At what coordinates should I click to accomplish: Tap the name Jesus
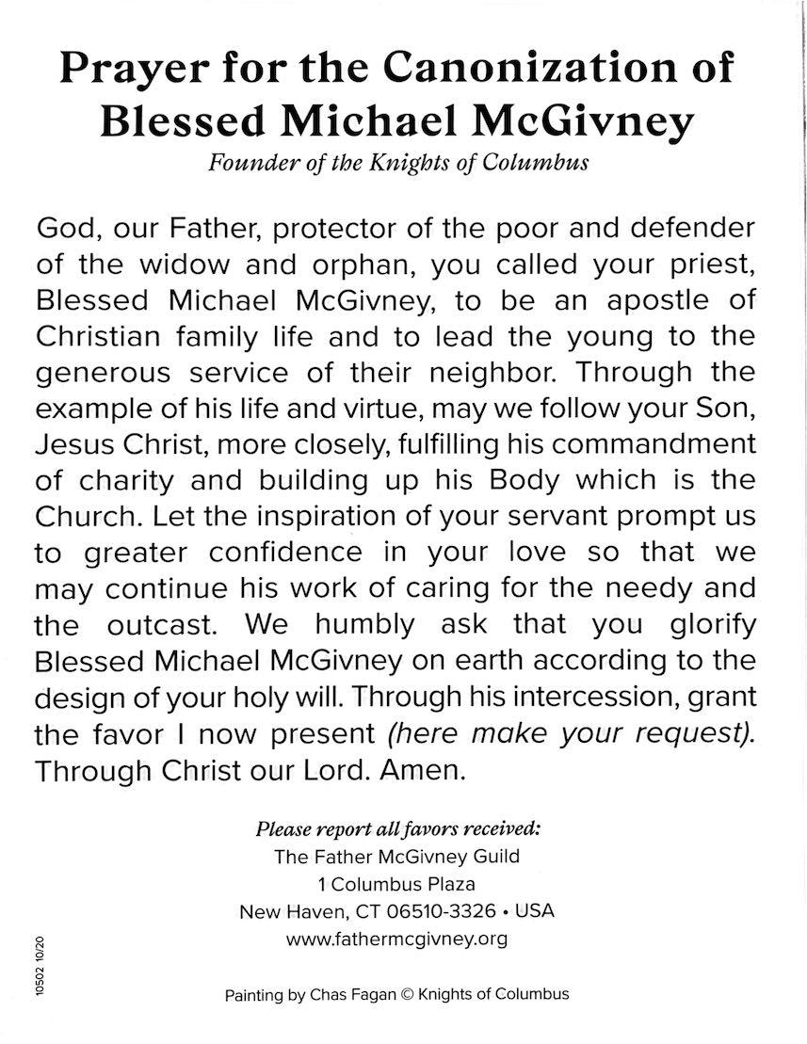coord(77,443)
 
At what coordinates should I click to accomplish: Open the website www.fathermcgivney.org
coord(396,939)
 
